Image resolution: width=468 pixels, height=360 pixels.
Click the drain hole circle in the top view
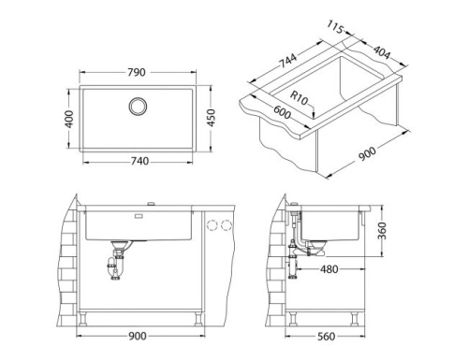pos(138,105)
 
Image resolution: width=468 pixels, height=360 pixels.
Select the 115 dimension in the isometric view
pos(340,28)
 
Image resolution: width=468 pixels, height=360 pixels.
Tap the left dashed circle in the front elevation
pos(211,225)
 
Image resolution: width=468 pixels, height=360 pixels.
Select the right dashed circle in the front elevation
pos(226,225)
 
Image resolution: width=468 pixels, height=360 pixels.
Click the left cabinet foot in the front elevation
pos(87,318)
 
